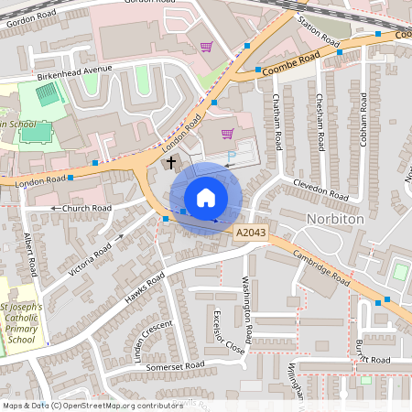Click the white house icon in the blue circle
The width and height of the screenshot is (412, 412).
pyautogui.click(x=206, y=198)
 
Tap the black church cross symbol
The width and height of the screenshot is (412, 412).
pyautogui.click(x=170, y=162)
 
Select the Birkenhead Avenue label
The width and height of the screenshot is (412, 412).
pyautogui.click(x=72, y=73)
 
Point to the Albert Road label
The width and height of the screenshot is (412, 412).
pyautogui.click(x=29, y=256)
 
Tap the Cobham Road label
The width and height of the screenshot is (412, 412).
pyautogui.click(x=363, y=116)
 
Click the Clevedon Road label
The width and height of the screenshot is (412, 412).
pyautogui.click(x=320, y=190)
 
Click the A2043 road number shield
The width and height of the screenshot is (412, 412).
pyautogui.click(x=251, y=234)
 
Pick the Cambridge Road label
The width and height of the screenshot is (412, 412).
pyautogui.click(x=322, y=267)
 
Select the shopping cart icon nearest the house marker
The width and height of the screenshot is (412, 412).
pyautogui.click(x=227, y=134)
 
